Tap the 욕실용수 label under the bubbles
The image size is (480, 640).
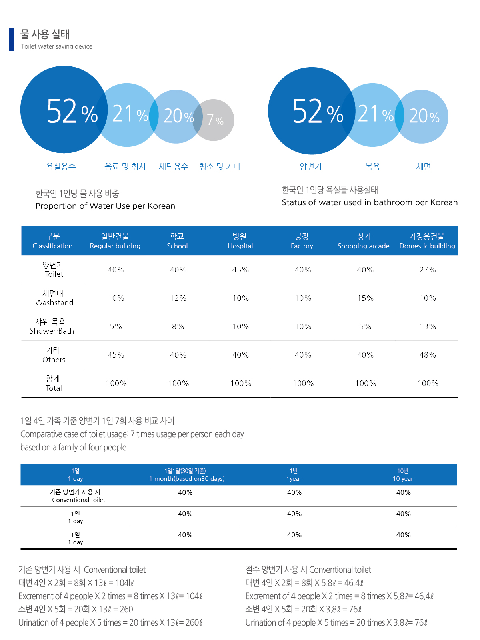[x=61, y=166]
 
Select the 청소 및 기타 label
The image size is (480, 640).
[x=220, y=166]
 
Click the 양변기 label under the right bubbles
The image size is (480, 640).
[x=311, y=166]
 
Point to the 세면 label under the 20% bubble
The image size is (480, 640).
[x=424, y=166]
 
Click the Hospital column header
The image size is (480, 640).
[x=240, y=241]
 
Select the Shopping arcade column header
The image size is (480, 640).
[x=364, y=241]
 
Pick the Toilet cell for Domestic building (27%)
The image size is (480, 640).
[x=428, y=270]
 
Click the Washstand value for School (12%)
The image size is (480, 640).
[x=178, y=298]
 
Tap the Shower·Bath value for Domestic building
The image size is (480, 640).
[x=428, y=326]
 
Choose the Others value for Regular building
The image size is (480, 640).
[x=116, y=355]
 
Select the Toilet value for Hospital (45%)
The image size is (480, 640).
[x=240, y=270]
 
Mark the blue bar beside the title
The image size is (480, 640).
[x=12, y=39]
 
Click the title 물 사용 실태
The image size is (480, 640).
[x=45, y=34]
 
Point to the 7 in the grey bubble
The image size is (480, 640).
[x=210, y=119]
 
